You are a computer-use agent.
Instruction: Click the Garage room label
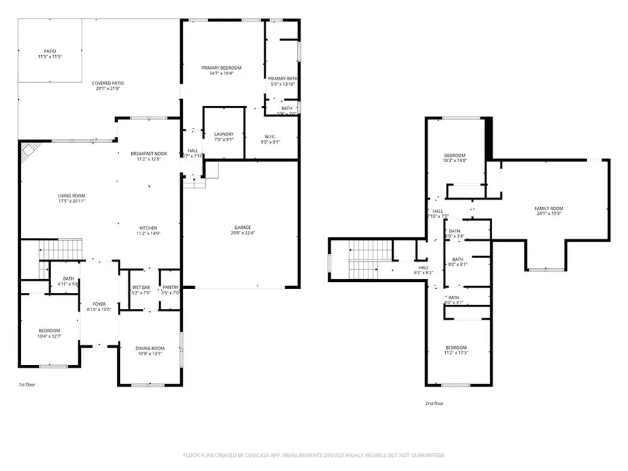[x=242, y=227]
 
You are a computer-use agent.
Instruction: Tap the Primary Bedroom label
[x=221, y=68]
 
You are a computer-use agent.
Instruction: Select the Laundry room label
[x=223, y=134]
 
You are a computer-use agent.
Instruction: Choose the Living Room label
[x=71, y=196]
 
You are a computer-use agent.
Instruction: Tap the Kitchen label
[x=147, y=228]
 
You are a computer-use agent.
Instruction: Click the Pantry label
[x=171, y=287]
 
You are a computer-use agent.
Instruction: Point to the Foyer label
[x=99, y=304]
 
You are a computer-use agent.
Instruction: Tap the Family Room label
[x=548, y=209]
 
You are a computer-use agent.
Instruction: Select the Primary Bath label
[x=283, y=78]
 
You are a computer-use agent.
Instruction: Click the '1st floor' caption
[x=27, y=384]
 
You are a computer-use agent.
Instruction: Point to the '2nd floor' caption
[x=433, y=403]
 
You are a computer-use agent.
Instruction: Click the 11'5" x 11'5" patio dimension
[x=50, y=57]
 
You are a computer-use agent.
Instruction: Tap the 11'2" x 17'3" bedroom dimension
[x=456, y=354]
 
